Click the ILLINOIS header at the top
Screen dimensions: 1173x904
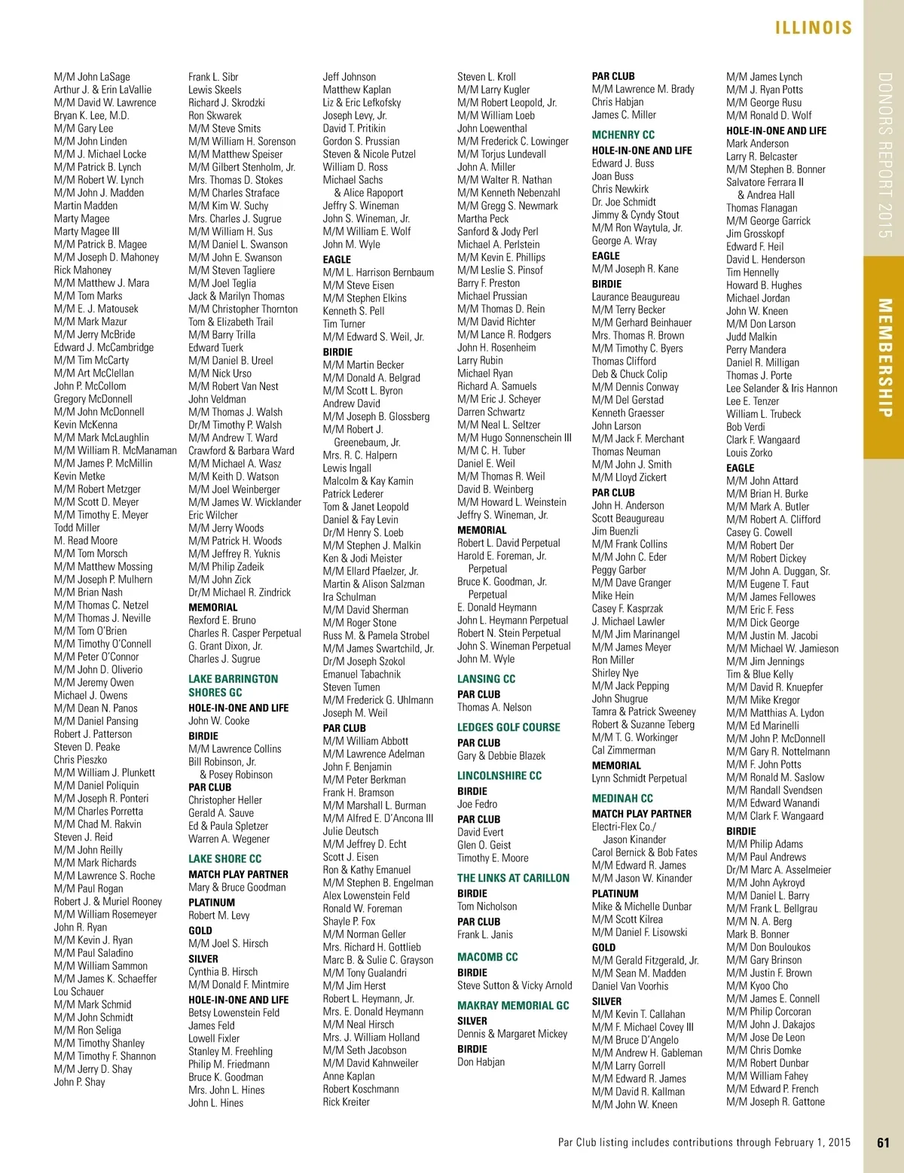pyautogui.click(x=813, y=28)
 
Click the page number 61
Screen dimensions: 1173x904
pyautogui.click(x=883, y=1142)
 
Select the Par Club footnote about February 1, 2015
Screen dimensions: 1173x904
pyautogui.click(x=704, y=1142)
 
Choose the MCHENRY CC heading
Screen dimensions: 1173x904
pyautogui.click(x=623, y=135)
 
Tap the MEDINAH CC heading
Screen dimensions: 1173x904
pyautogui.click(x=622, y=798)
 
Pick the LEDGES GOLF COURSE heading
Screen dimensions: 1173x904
pyautogui.click(x=508, y=727)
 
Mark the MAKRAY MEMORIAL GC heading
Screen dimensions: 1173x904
pyautogui.click(x=513, y=1005)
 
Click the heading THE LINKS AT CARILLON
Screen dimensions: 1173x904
pyautogui.click(x=513, y=878)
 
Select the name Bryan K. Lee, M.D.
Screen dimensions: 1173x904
pyautogui.click(x=91, y=115)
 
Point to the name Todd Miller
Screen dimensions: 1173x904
pyautogui.click(x=77, y=528)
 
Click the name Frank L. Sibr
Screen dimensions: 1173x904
pyautogui.click(x=213, y=77)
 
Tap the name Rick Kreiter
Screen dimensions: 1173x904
pyautogui.click(x=346, y=1101)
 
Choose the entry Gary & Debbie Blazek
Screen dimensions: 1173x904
pyautogui.click(x=501, y=756)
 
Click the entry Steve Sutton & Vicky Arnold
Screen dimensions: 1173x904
pyautogui.click(x=515, y=986)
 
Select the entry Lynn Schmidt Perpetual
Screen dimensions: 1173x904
pyautogui.click(x=639, y=778)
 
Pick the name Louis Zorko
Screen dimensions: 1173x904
pyautogui.click(x=749, y=452)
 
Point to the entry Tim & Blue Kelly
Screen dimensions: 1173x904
pyautogui.click(x=759, y=674)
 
